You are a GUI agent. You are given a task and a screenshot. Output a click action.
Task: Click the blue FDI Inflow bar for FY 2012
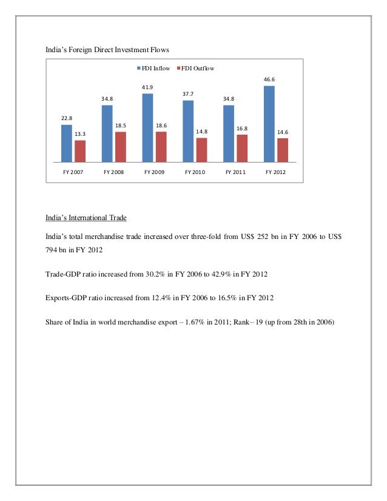pos(269,124)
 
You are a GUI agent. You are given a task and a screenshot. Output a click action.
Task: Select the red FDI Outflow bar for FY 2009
pos(161,147)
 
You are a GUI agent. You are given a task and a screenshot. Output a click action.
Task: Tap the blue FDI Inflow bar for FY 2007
pos(67,143)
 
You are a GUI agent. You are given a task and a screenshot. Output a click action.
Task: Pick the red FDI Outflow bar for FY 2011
pos(242,149)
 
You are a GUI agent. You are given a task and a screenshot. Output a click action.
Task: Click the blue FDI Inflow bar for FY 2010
pos(188,131)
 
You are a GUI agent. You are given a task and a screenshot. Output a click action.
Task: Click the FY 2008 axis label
pos(113,172)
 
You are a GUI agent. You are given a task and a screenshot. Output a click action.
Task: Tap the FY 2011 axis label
pos(235,172)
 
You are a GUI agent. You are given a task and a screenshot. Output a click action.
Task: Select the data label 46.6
pos(269,79)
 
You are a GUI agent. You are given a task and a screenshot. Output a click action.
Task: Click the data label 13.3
pos(80,133)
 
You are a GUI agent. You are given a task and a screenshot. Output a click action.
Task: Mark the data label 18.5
pos(121,125)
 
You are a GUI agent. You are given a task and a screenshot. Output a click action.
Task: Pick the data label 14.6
pos(283,131)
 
